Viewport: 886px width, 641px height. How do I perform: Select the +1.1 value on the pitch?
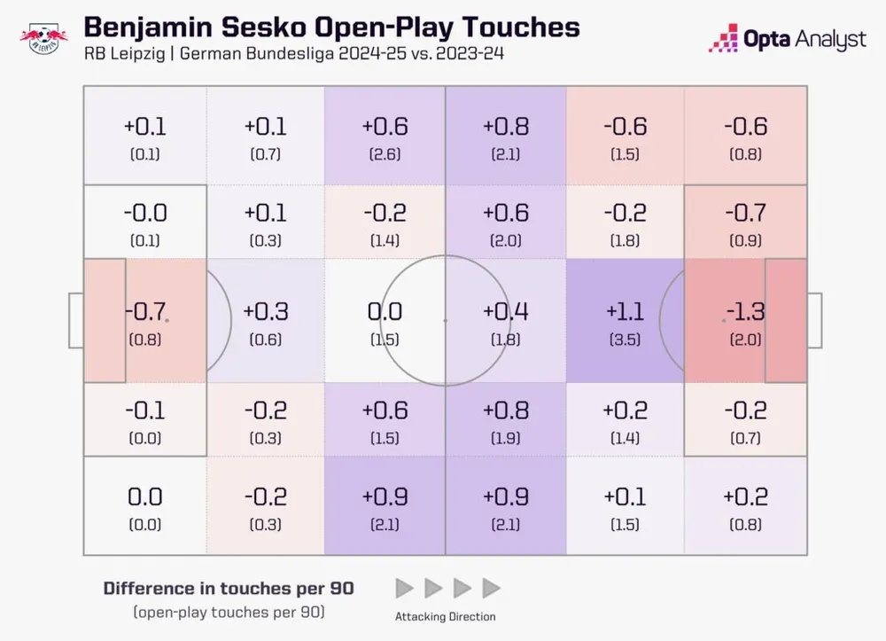click(625, 311)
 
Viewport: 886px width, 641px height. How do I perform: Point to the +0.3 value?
click(266, 311)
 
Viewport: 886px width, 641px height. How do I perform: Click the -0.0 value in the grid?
click(145, 213)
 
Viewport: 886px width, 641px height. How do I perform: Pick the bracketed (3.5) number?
click(625, 340)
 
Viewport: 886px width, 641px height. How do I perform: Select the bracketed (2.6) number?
click(385, 154)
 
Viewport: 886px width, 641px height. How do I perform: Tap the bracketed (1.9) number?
click(505, 438)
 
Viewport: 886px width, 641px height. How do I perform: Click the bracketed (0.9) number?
click(744, 241)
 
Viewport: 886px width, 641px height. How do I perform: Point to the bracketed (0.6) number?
click(266, 340)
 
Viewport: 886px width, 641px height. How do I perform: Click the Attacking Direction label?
click(446, 616)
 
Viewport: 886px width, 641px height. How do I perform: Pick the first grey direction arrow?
click(404, 587)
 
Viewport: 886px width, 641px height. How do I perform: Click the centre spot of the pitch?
click(445, 320)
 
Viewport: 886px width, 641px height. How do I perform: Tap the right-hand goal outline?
click(814, 320)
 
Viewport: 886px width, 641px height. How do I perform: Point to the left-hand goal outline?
click(76, 320)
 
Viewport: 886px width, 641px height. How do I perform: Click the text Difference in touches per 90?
click(229, 588)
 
